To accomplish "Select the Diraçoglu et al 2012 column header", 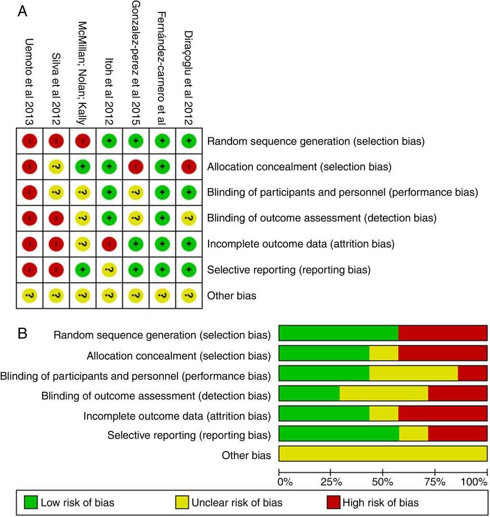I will point(190,69).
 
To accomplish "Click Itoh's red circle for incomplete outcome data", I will point(110,244).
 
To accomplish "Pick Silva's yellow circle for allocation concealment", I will point(56,167).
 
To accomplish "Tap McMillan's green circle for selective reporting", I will point(83,270).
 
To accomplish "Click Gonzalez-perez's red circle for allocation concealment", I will point(136,167).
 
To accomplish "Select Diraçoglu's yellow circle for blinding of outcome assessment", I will point(190,218).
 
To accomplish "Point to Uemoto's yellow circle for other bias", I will point(30,296).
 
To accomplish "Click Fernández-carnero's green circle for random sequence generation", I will point(163,141).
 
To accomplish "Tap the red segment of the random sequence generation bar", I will point(443,332).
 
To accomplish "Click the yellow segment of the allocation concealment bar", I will point(384,353).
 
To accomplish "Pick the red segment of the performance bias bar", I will point(472,374).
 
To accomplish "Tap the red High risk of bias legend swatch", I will point(334,503).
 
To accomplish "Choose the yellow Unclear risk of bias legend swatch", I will point(183,503).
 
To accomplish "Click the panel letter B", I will point(22,334).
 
